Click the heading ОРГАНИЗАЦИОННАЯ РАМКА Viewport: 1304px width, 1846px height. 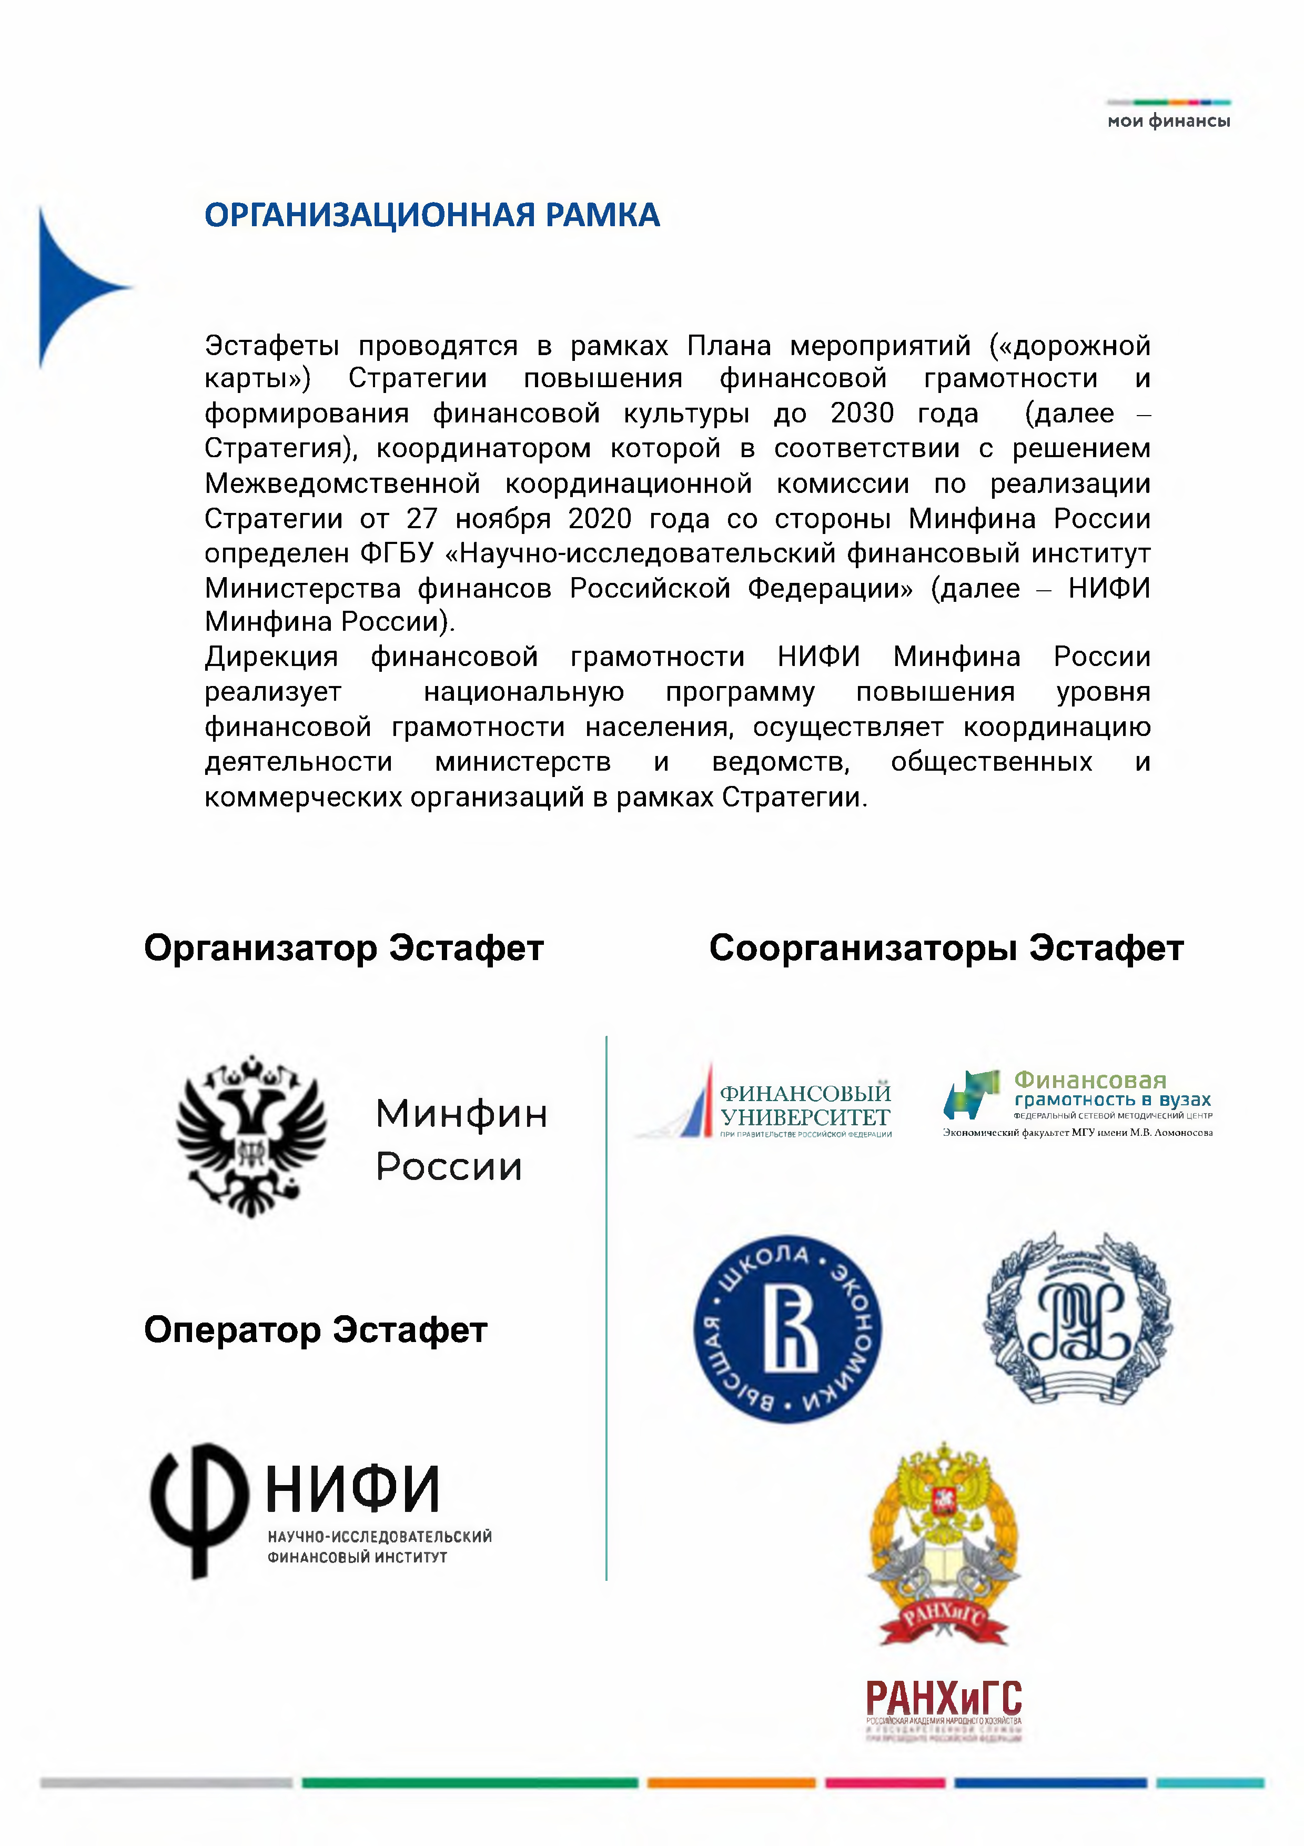432,216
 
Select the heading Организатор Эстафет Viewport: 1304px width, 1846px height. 343,948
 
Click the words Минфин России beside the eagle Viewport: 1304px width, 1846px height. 461,1140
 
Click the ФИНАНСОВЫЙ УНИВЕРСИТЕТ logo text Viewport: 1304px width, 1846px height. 805,1105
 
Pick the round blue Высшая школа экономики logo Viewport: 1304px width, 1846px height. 787,1329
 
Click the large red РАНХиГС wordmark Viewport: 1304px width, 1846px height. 943,1699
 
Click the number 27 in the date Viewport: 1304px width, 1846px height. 421,519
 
